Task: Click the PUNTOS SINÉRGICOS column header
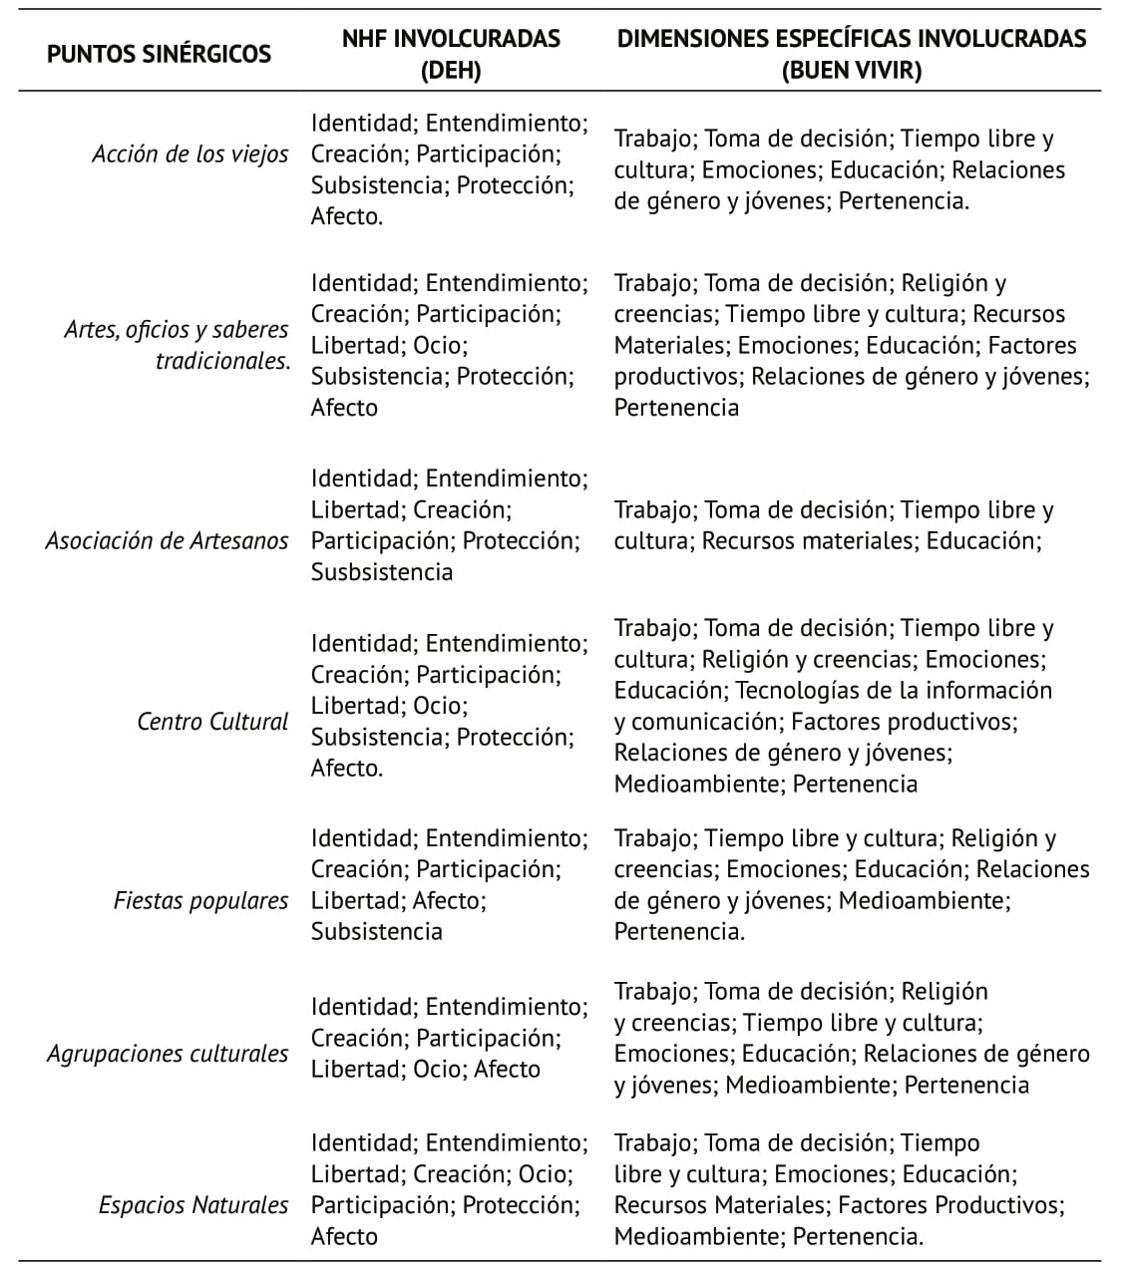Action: pyautogui.click(x=159, y=54)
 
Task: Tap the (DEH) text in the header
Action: pyautogui.click(x=451, y=70)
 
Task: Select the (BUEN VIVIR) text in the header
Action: pyautogui.click(x=852, y=70)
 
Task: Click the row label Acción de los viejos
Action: pyautogui.click(x=190, y=155)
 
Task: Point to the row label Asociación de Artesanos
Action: pyautogui.click(x=167, y=540)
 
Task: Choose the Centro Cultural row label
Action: pyautogui.click(x=212, y=721)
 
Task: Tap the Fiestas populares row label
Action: pyautogui.click(x=200, y=900)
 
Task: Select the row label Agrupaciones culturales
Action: pyautogui.click(x=168, y=1054)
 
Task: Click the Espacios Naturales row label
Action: pyautogui.click(x=193, y=1204)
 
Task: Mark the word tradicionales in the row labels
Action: pyautogui.click(x=222, y=361)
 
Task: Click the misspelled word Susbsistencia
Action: pyautogui.click(x=382, y=572)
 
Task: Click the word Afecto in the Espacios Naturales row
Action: pyautogui.click(x=344, y=1236)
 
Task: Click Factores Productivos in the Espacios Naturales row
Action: pyautogui.click(x=950, y=1204)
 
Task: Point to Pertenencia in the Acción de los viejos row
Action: pyautogui.click(x=904, y=200)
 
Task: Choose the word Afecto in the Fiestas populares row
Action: pyautogui.click(x=447, y=900)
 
